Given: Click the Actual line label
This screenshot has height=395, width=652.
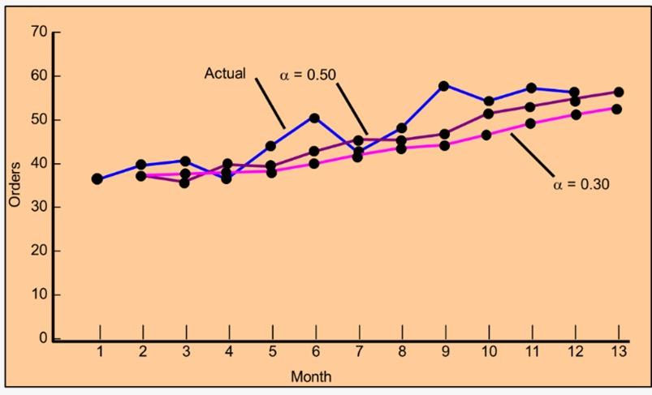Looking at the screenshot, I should coord(225,74).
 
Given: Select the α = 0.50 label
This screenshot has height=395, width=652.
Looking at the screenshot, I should coord(308,75).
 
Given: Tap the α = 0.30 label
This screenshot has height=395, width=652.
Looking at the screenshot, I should coord(581,184).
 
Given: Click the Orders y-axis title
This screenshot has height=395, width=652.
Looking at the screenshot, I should coord(15,185).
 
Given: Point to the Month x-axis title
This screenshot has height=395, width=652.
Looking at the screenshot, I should coord(311,377).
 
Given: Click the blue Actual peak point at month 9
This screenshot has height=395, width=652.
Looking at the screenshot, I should coord(444,85).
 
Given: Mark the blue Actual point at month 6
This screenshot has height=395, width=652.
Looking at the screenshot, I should coord(315,118).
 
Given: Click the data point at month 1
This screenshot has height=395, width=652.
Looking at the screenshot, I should coord(97,178).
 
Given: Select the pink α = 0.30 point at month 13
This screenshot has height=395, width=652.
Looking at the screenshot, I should coord(617,109).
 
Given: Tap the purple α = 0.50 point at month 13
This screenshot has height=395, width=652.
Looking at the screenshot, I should coord(618,92).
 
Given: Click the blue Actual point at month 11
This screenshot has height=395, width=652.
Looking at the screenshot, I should coord(531,88).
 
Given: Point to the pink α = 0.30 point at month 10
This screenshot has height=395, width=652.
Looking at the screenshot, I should coord(488,135).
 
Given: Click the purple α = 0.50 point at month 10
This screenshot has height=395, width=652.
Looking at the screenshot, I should coord(488,114).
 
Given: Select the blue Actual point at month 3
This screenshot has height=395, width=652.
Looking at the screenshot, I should coord(185,161).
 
